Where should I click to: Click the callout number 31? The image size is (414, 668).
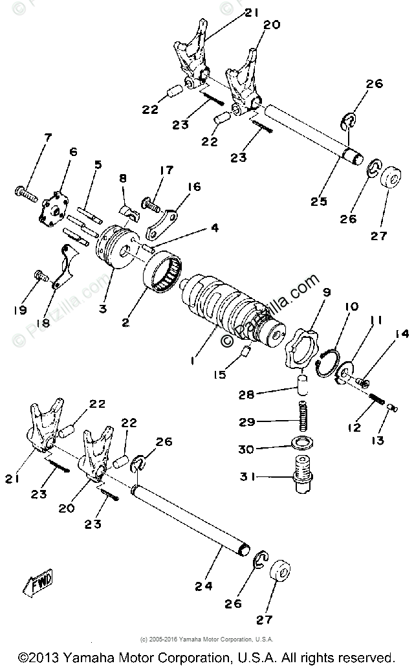[x=245, y=478]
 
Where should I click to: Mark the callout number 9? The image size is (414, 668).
[x=325, y=293]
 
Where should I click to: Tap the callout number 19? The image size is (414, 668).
[x=19, y=310]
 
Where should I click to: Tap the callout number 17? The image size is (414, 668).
[x=166, y=170]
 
